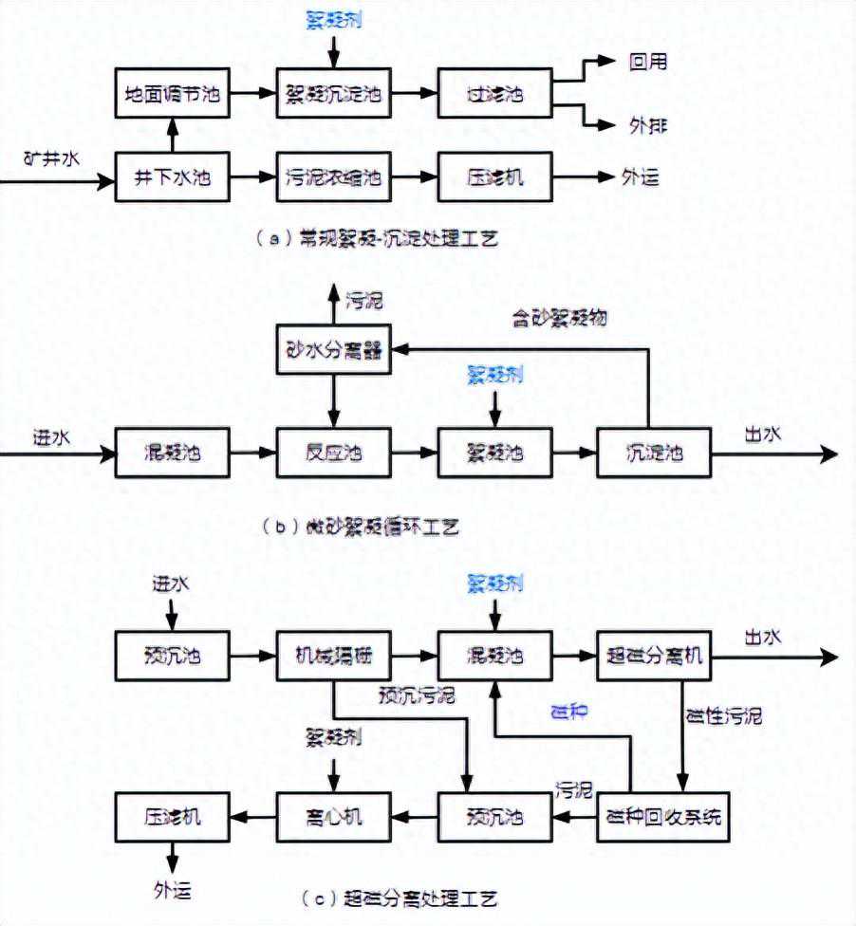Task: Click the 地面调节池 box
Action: coord(172,93)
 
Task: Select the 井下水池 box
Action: coord(172,176)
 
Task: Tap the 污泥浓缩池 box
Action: coord(333,176)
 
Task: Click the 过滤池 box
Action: coord(494,93)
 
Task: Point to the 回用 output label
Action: coord(648,63)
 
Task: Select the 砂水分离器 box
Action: coord(333,350)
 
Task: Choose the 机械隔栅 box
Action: coord(333,656)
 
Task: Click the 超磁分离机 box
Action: coord(653,656)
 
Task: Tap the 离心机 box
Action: coord(333,815)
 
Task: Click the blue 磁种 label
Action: coord(570,710)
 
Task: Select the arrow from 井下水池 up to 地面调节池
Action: coord(172,135)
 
